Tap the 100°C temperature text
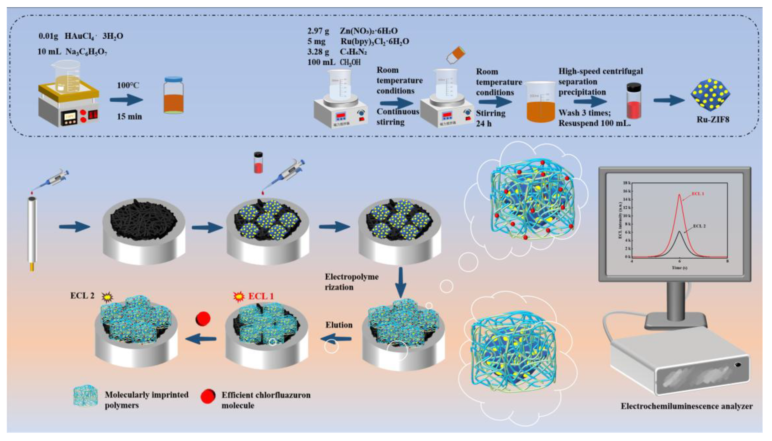(x=128, y=85)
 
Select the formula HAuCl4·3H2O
(x=94, y=36)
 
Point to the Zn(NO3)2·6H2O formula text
(x=368, y=31)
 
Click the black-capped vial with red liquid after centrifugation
(x=634, y=101)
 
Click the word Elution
(x=339, y=325)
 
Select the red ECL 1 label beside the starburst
(x=261, y=296)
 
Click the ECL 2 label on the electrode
(x=82, y=296)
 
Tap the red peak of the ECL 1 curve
(x=679, y=195)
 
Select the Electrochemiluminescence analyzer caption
(x=686, y=406)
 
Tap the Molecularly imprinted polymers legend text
(x=146, y=400)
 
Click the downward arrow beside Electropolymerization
(x=401, y=282)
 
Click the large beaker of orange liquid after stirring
(x=540, y=103)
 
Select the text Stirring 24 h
(x=490, y=118)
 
